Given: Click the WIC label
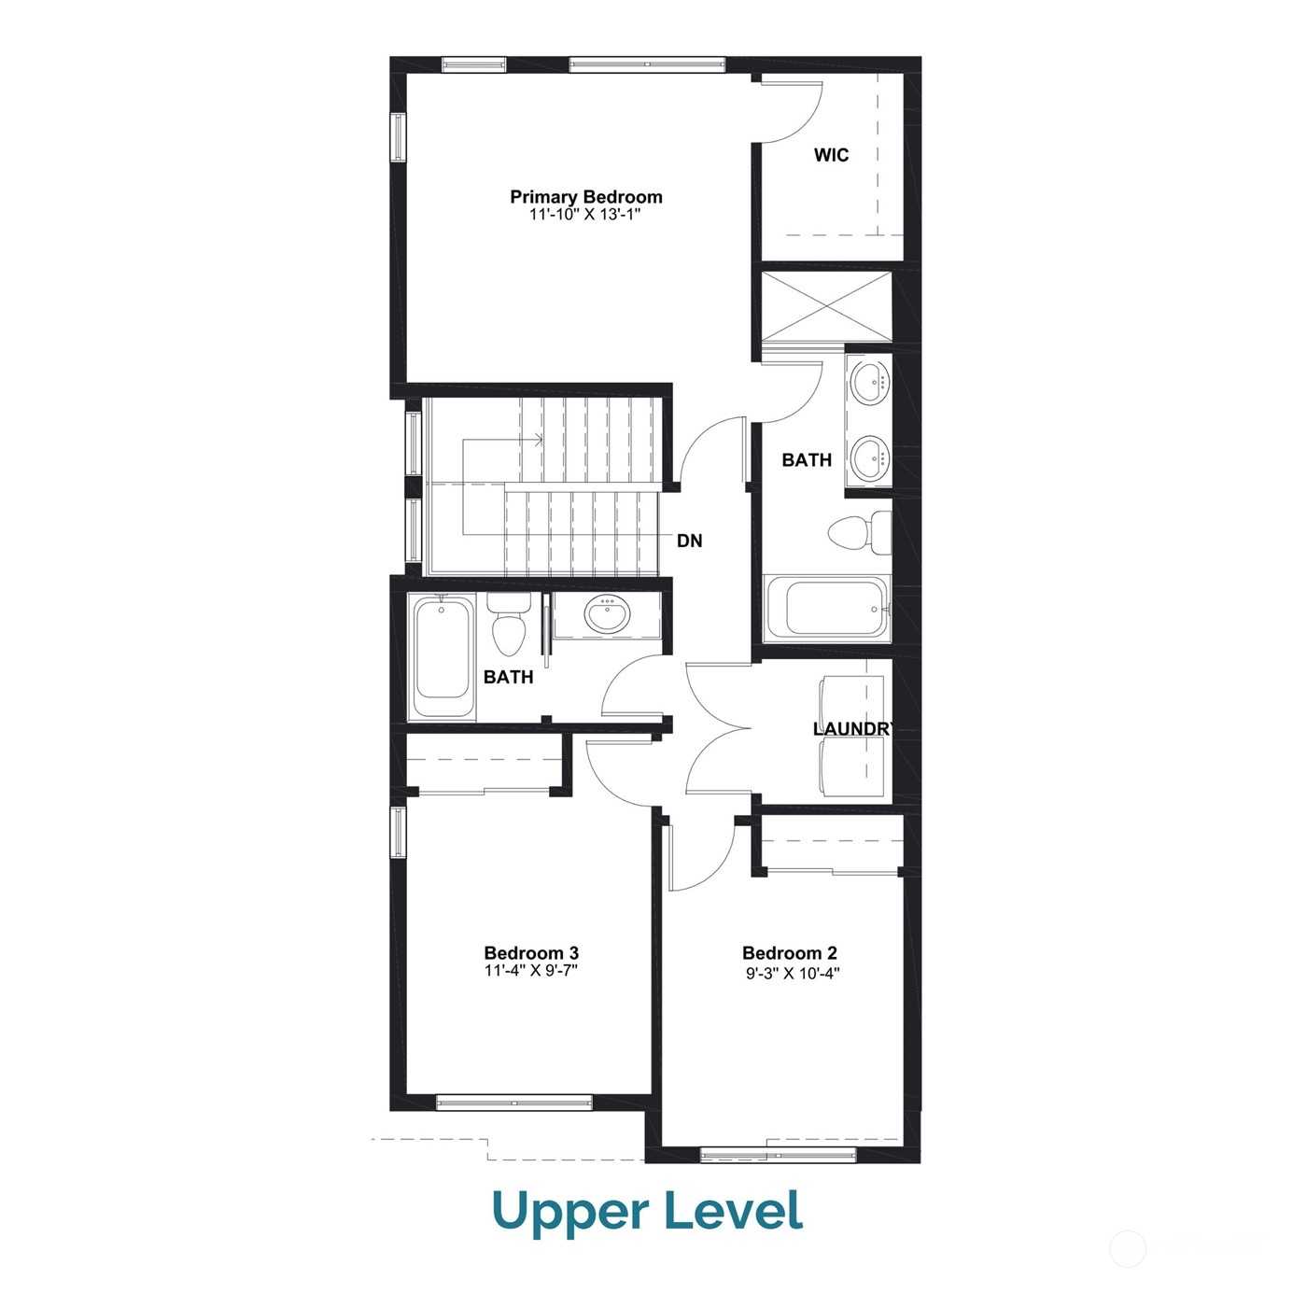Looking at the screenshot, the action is coord(831,155).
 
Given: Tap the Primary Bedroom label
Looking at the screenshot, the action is coord(585,197).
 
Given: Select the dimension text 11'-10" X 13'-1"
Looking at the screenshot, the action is coord(585,215).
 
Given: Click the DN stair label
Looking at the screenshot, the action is coord(689,541).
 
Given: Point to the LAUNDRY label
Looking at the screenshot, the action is coord(853,729).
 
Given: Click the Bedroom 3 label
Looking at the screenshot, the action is coord(531,953).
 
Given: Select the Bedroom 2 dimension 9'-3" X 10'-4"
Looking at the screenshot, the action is coord(793,973).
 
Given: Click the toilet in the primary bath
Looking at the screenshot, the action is coord(860,533).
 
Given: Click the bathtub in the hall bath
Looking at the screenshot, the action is coord(442,657).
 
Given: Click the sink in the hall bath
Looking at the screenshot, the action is coord(607,614).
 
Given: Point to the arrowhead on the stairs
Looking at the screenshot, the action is coord(538,440).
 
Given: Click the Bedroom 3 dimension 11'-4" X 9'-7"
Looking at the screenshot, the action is coord(531,970).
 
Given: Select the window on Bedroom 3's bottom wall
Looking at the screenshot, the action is coord(514,1103).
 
